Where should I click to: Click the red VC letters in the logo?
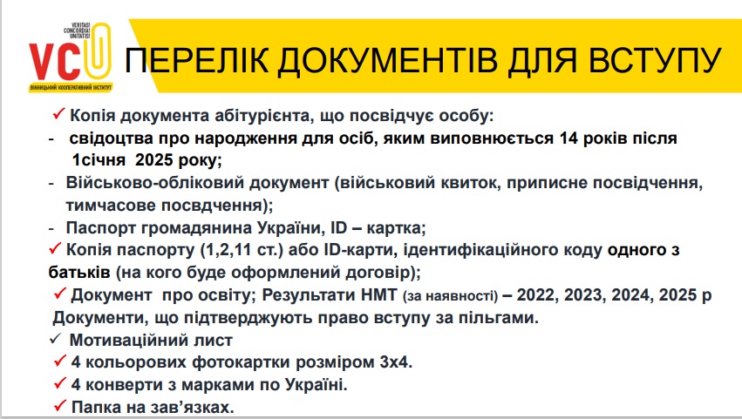(x=55, y=62)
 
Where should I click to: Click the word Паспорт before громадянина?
(x=103, y=228)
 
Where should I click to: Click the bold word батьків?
(x=79, y=273)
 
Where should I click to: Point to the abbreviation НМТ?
(x=378, y=294)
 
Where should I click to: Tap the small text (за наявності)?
(x=451, y=296)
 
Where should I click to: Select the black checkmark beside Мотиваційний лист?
(x=55, y=339)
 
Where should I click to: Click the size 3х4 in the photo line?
(x=396, y=362)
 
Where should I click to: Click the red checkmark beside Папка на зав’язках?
(x=59, y=405)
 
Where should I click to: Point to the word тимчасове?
(x=111, y=206)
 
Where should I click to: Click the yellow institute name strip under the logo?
(x=71, y=87)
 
